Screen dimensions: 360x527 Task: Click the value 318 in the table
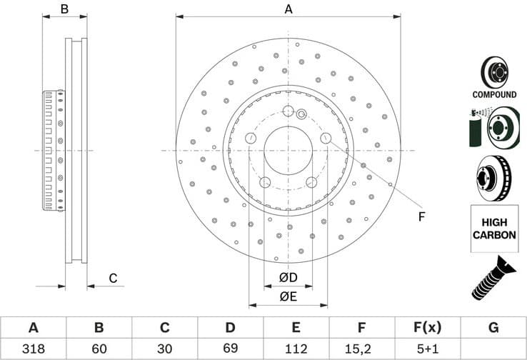tap(33, 349)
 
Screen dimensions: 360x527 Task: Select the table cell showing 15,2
tap(362, 349)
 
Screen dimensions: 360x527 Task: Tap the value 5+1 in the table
tap(428, 349)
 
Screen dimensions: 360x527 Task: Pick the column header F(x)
tap(428, 327)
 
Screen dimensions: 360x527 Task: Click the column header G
tap(493, 327)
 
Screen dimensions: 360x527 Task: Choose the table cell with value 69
tap(230, 349)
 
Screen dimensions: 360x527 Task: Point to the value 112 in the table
tap(296, 349)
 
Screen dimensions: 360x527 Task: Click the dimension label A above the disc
tap(288, 9)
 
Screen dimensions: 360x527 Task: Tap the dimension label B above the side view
tap(64, 9)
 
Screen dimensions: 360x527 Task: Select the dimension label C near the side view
tap(112, 278)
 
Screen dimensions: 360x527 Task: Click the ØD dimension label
tap(288, 277)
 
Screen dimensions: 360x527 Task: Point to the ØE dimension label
tap(288, 296)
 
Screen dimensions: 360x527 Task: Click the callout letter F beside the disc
tap(421, 216)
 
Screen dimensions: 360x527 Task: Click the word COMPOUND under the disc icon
tap(494, 94)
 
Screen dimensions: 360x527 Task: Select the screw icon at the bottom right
tap(493, 277)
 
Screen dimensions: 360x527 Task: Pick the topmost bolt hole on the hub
tap(288, 111)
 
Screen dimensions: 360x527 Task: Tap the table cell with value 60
tap(99, 349)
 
